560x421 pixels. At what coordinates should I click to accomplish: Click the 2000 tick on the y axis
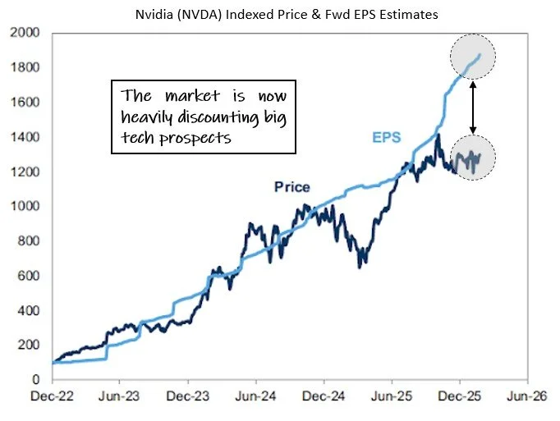25,33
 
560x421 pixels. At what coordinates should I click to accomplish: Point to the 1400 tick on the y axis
25,137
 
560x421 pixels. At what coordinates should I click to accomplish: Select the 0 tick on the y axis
37,380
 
